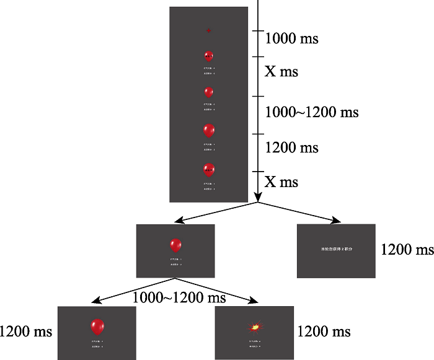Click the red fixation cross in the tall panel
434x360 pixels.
tap(209, 30)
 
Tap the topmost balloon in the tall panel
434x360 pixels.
tap(209, 57)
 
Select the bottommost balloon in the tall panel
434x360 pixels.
tap(209, 170)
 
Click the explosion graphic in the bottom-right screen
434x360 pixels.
tap(254, 326)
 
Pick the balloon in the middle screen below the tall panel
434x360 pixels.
tap(175, 245)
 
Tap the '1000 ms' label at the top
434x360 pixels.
tap(291, 38)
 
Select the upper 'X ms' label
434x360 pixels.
tap(281, 72)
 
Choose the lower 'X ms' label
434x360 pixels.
tap(281, 182)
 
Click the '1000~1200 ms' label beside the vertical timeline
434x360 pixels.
tap(303, 113)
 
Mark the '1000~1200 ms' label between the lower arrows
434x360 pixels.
tap(179, 298)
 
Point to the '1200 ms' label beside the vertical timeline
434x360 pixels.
tap(291, 148)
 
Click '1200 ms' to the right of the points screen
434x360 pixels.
tap(407, 250)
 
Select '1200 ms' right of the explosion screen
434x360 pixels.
tap(324, 331)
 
